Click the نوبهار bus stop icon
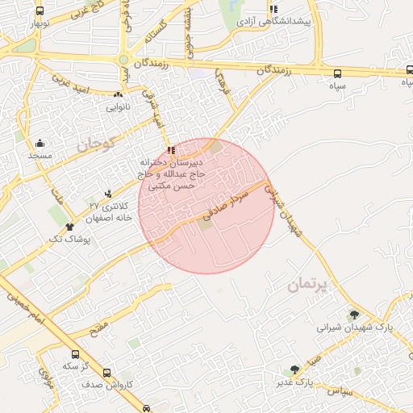click(x=40, y=12)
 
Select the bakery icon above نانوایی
click(x=118, y=94)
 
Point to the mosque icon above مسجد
click(x=40, y=143)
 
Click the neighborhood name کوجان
click(x=97, y=145)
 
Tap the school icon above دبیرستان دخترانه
click(x=170, y=150)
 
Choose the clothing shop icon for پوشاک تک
click(x=70, y=227)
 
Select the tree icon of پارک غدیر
click(x=295, y=369)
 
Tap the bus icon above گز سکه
click(x=76, y=354)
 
